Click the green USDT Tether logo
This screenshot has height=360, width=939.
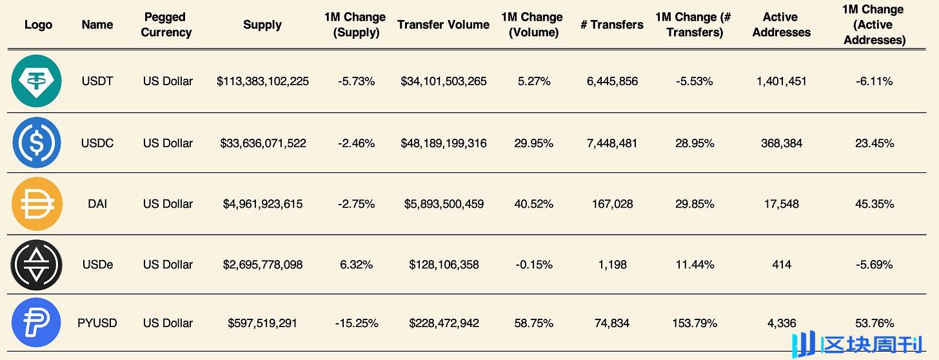[37, 81]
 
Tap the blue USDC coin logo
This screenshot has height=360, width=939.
[37, 143]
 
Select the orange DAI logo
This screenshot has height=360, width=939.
[37, 204]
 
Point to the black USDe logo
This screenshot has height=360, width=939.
[37, 265]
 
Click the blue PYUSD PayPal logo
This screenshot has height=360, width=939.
[37, 323]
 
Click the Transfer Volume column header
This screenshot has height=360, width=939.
[443, 25]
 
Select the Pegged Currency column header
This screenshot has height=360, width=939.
[166, 25]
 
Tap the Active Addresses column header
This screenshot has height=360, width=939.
[781, 25]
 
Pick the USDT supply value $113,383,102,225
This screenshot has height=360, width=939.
[262, 81]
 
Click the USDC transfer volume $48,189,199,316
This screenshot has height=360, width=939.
[443, 143]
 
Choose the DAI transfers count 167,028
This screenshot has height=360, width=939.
[612, 204]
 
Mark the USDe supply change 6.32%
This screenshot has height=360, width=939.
[356, 265]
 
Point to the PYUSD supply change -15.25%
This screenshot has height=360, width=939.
[356, 323]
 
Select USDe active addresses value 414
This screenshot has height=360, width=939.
[781, 265]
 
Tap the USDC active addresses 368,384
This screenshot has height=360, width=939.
[781, 143]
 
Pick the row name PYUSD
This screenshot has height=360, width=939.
[97, 323]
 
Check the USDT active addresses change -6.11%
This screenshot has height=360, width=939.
[874, 81]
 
